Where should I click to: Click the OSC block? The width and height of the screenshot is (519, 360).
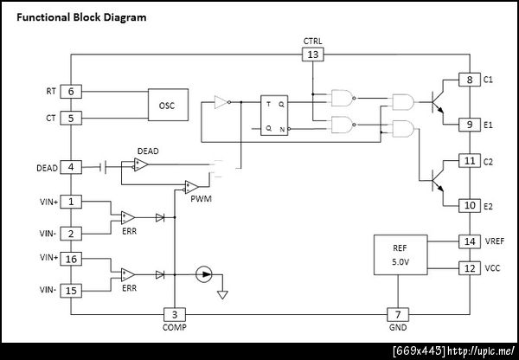pyautogui.click(x=168, y=105)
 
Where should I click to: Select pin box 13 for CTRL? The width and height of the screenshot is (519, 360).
pyautogui.click(x=313, y=55)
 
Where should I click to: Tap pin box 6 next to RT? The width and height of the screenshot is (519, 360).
pyautogui.click(x=71, y=92)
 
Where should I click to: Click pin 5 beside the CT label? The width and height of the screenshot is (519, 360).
pyautogui.click(x=71, y=119)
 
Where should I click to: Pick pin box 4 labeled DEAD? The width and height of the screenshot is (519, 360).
pyautogui.click(x=71, y=167)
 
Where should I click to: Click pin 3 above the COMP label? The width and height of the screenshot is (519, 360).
pyautogui.click(x=175, y=315)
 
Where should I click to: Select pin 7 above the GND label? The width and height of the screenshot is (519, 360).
pyautogui.click(x=398, y=315)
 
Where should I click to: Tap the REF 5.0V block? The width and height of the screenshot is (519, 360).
pyautogui.click(x=400, y=254)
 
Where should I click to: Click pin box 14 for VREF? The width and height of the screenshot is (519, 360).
pyautogui.click(x=470, y=241)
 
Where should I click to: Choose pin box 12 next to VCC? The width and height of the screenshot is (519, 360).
pyautogui.click(x=470, y=268)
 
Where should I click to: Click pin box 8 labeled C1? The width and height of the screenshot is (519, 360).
pyautogui.click(x=470, y=80)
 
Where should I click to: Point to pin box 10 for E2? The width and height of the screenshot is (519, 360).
pyautogui.click(x=470, y=205)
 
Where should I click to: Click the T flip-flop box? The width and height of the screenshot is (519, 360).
pyautogui.click(x=274, y=115)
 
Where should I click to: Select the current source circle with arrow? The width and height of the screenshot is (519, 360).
pyautogui.click(x=203, y=274)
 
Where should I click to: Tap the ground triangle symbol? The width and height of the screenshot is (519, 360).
pyautogui.click(x=222, y=295)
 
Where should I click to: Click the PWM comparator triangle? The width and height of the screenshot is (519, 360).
pyautogui.click(x=191, y=187)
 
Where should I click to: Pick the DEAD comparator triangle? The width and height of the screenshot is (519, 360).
pyautogui.click(x=141, y=164)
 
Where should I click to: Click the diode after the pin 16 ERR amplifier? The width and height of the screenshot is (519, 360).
pyautogui.click(x=160, y=274)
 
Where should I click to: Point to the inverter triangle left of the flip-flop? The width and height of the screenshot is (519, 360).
pyautogui.click(x=221, y=102)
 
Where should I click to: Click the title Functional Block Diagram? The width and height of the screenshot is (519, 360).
pyautogui.click(x=81, y=17)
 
